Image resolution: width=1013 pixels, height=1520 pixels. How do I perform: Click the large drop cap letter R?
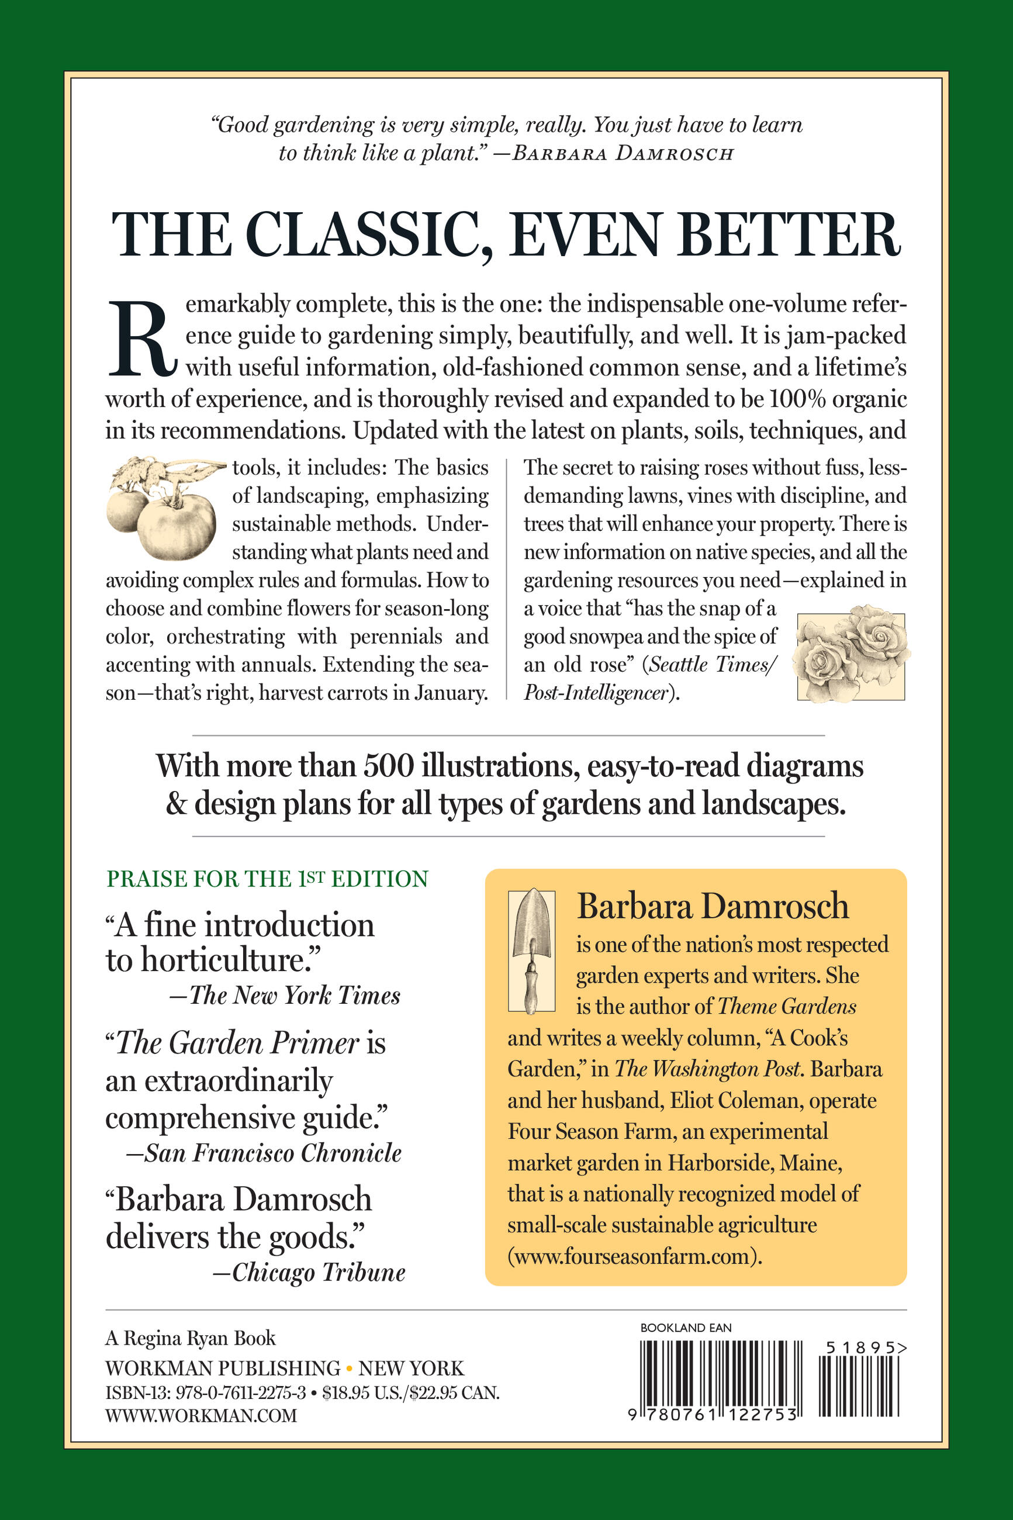point(141,339)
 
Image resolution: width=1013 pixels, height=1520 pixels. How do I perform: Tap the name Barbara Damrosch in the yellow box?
point(712,906)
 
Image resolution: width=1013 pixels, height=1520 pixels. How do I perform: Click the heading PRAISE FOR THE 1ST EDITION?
point(267,879)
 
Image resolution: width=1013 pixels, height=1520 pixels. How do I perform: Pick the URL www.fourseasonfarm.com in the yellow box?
point(631,1256)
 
